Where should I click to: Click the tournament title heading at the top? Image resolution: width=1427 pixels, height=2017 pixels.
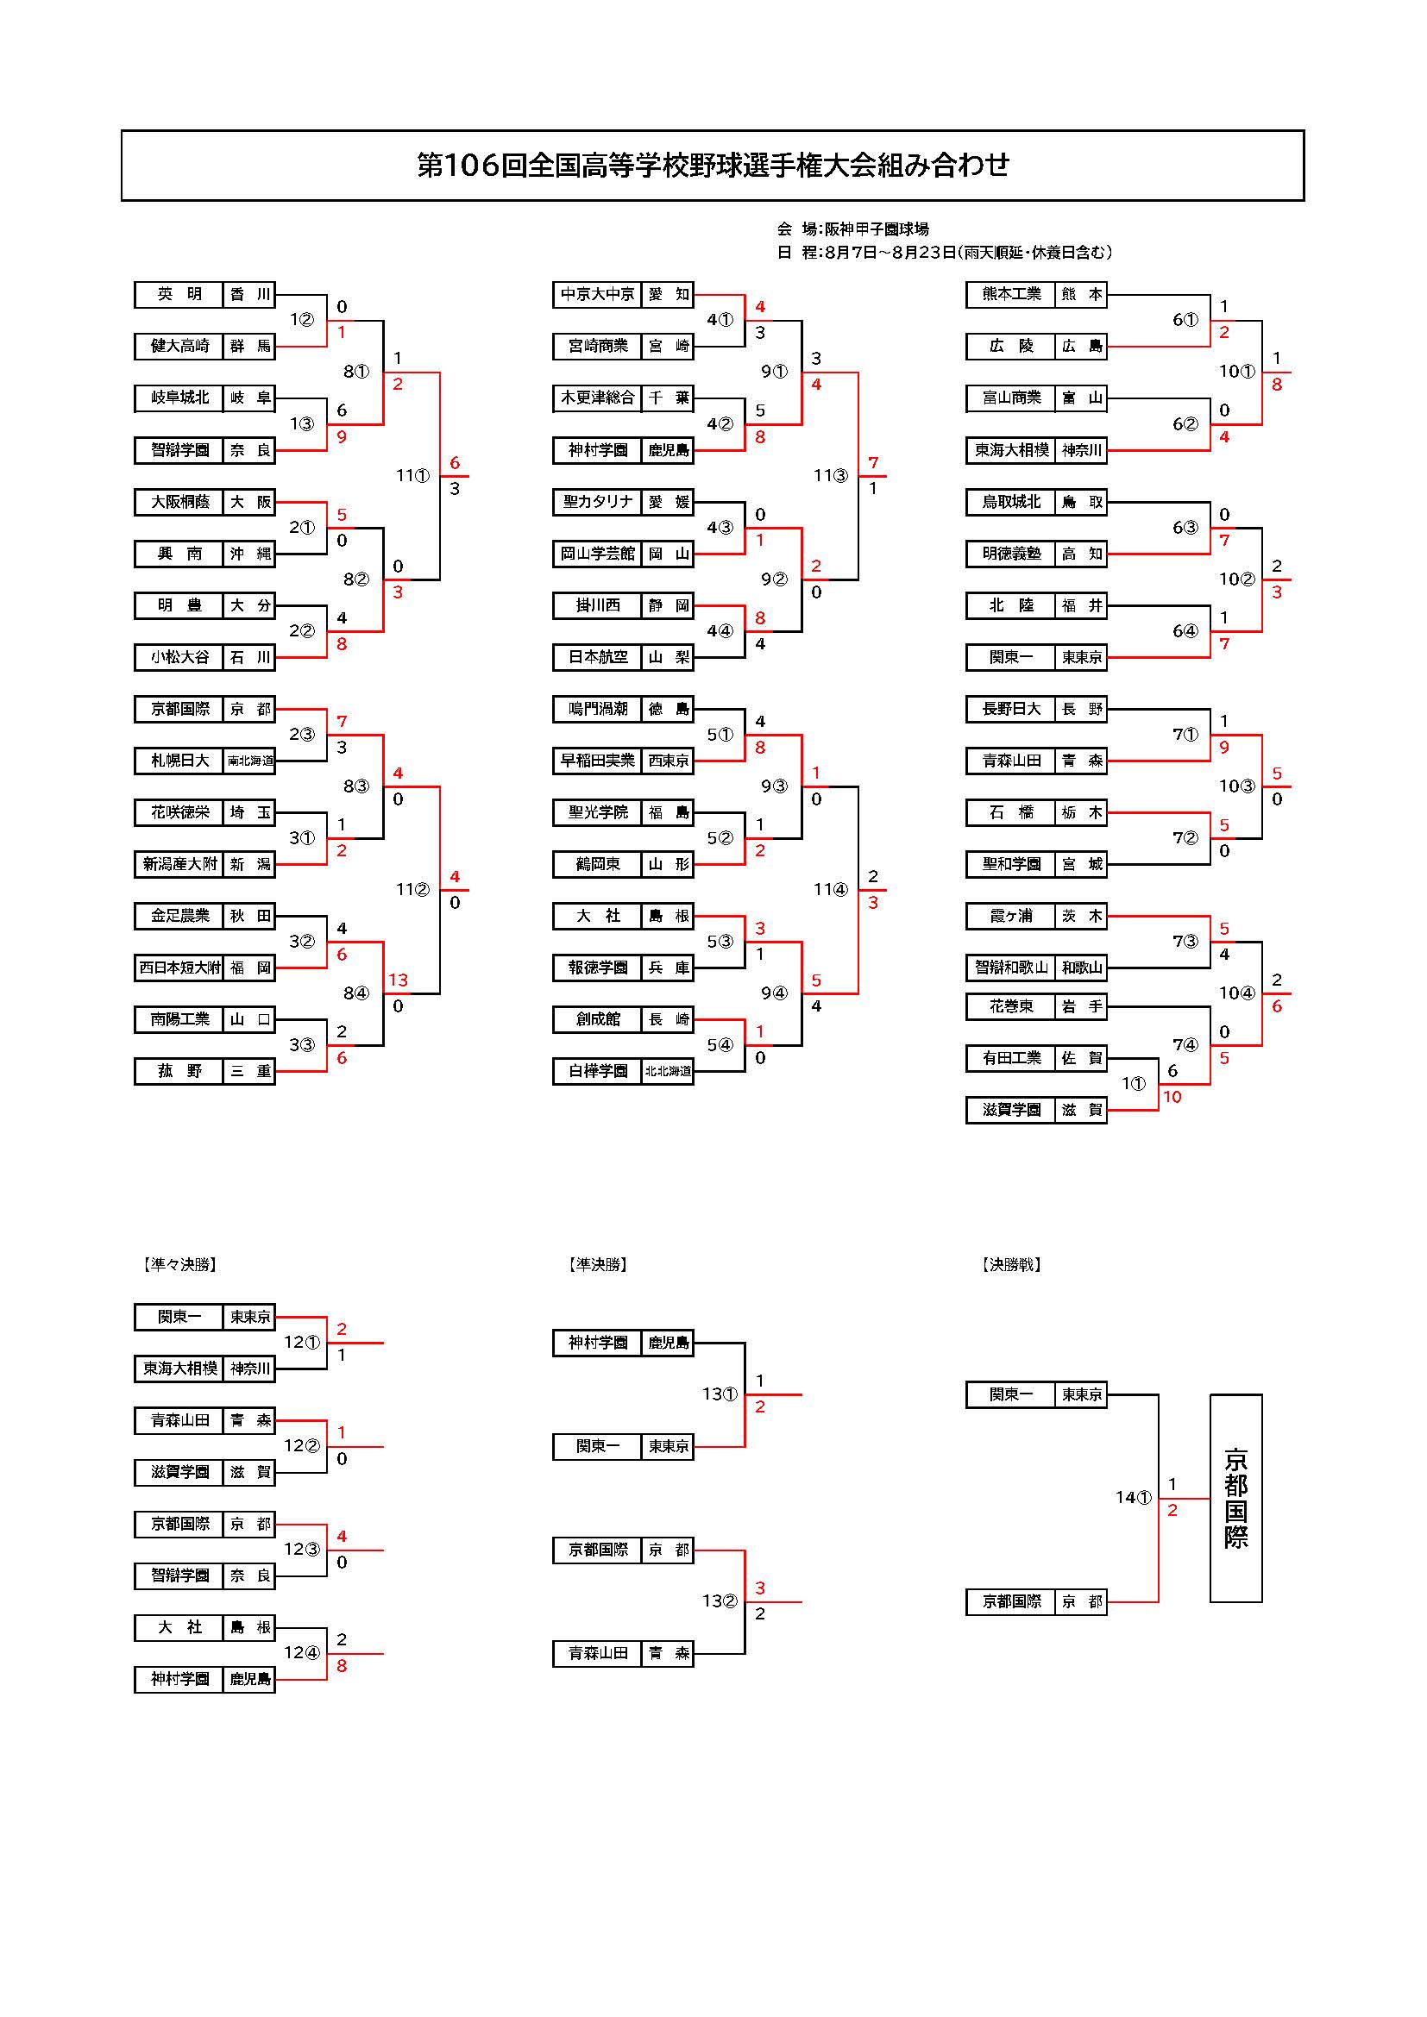[713, 166]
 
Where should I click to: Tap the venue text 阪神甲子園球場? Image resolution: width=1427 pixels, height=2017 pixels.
[876, 229]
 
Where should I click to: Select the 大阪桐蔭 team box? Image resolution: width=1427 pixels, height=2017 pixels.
[180, 502]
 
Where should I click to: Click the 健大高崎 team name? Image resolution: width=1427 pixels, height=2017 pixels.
[180, 346]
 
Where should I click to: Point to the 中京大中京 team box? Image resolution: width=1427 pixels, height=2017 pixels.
[599, 294]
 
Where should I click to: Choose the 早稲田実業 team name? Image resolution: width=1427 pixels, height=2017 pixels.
[599, 761]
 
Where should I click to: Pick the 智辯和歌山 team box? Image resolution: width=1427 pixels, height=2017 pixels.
[1010, 968]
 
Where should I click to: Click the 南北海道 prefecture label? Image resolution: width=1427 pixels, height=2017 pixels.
[250, 761]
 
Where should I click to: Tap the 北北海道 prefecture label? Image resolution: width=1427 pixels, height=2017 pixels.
[668, 1072]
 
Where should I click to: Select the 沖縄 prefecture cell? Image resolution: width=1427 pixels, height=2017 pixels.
[250, 554]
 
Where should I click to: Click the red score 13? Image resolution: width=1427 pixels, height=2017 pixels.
[398, 980]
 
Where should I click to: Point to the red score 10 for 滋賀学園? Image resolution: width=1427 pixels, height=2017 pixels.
[1172, 1096]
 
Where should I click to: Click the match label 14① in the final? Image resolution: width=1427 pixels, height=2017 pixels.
[1134, 1497]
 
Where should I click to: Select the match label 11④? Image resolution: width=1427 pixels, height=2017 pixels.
[830, 889]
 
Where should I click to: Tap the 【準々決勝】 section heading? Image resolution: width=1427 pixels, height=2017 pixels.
[179, 1264]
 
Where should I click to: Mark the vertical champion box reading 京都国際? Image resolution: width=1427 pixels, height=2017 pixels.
[1235, 1498]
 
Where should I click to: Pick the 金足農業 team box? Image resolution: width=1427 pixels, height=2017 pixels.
[180, 917]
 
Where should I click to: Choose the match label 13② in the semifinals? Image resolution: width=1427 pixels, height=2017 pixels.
[720, 1600]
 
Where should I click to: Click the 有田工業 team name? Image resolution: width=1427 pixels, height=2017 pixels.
[1010, 1058]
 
